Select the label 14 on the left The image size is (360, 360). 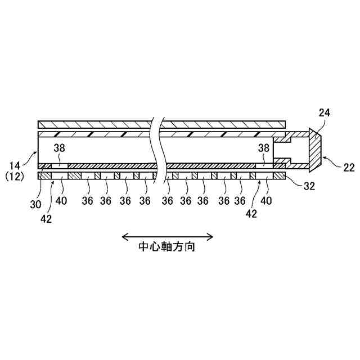pos(15,166)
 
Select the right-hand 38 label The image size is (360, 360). pos(263,149)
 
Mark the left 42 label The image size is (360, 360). pos(46,218)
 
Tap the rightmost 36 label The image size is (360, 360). pos(240,201)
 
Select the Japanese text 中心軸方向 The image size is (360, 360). pos(168,247)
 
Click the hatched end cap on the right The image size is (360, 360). pos(314,150)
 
